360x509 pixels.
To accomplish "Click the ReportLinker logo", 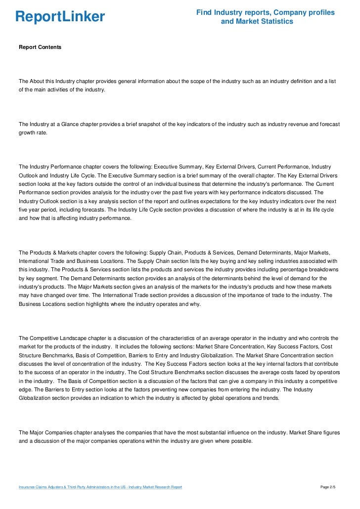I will tap(60, 17).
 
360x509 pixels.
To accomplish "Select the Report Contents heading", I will tap(40, 47).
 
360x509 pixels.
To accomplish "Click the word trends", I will tap(268, 399).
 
